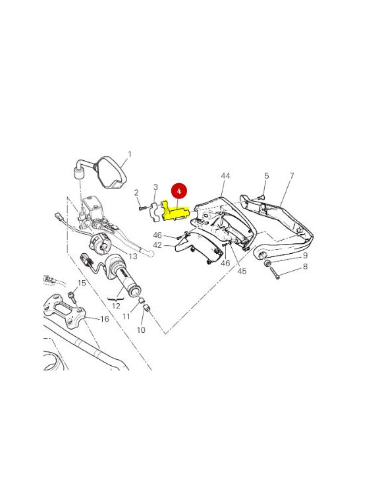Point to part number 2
(x=136, y=192)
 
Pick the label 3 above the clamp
(x=156, y=187)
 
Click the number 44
(x=226, y=176)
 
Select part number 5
(x=267, y=176)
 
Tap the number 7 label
(x=291, y=176)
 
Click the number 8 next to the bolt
(x=305, y=267)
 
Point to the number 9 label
(x=305, y=255)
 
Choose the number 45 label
(x=242, y=271)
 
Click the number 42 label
(x=158, y=245)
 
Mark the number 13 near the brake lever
(x=132, y=256)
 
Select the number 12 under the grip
(x=116, y=306)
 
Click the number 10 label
(x=141, y=330)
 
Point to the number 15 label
(x=82, y=283)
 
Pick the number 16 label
(x=104, y=319)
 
